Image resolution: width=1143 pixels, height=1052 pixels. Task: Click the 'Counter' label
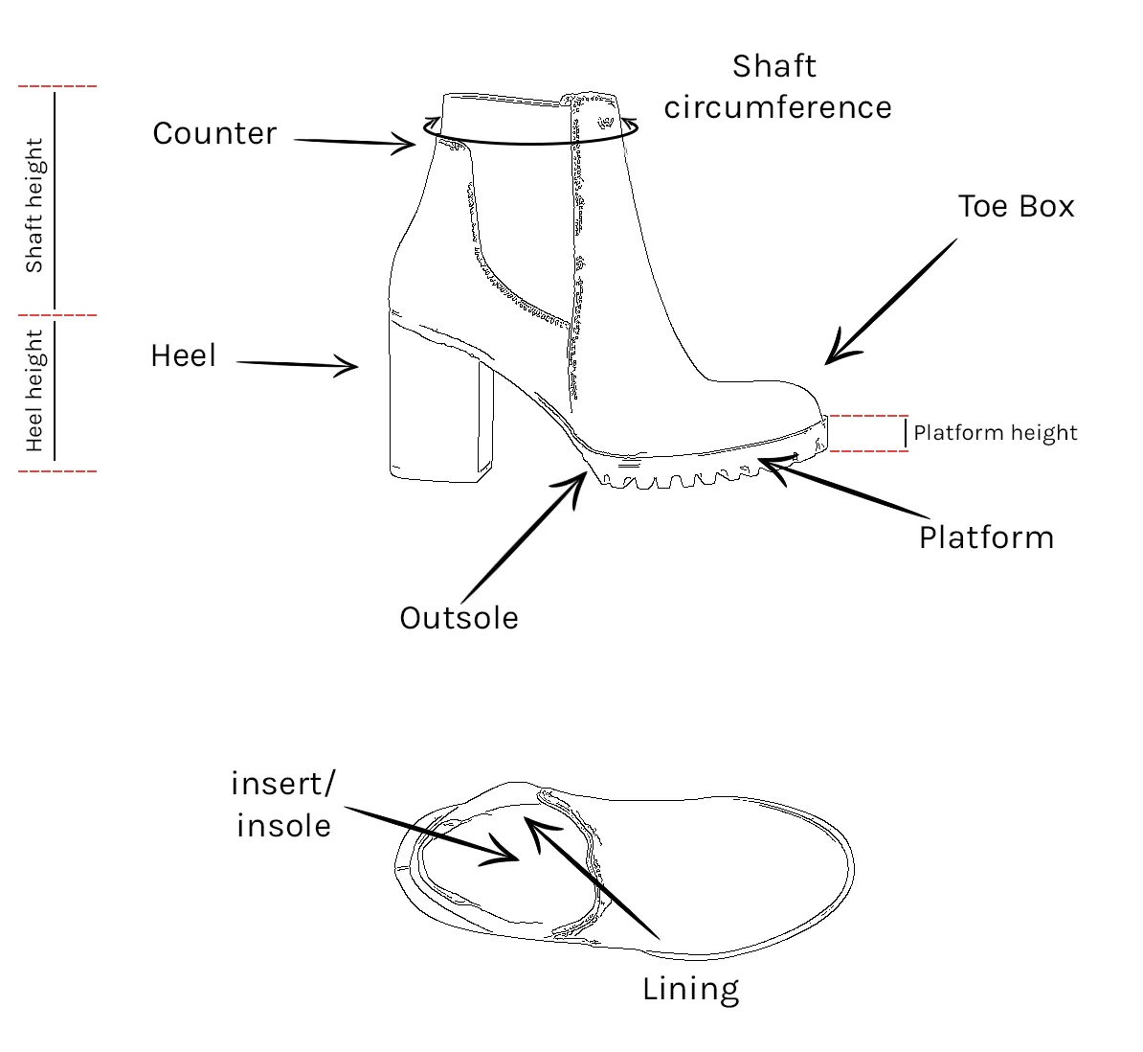[x=214, y=133]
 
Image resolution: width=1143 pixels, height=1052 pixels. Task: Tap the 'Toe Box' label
[x=1016, y=207]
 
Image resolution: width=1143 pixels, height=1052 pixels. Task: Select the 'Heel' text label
[x=184, y=356]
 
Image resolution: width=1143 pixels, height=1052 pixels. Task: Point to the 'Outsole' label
[x=459, y=618]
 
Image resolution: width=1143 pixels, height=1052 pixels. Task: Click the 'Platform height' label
[x=995, y=433]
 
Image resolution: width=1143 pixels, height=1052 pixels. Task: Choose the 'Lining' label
[x=690, y=989]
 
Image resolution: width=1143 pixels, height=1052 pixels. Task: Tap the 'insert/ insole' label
[x=283, y=805]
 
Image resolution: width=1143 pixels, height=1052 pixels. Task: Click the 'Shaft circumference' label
[x=777, y=87]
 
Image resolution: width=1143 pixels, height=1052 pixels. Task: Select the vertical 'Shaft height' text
[x=34, y=205]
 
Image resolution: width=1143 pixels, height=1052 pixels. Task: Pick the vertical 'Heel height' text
[x=34, y=391]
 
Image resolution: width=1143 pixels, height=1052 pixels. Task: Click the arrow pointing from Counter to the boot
[x=354, y=143]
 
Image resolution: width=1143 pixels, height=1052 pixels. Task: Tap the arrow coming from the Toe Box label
[x=890, y=303]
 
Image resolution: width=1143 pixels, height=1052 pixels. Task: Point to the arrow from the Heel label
[x=297, y=364]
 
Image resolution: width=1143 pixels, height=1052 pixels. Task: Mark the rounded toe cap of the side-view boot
[x=785, y=402]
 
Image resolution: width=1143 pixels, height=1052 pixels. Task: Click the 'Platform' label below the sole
[x=986, y=538]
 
